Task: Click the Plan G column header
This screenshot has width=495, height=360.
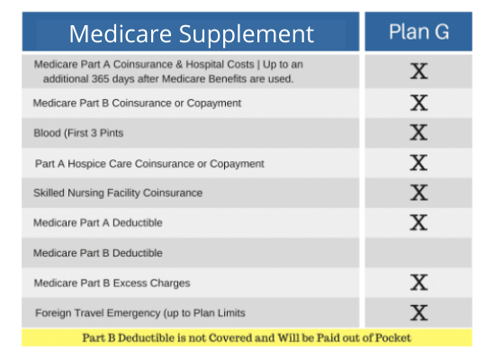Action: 418,31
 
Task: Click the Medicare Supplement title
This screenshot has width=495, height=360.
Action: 192,34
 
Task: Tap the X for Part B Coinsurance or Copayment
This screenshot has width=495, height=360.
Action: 418,103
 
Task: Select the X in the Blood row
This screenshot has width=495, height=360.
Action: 418,132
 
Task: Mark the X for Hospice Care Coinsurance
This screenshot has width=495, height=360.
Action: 418,163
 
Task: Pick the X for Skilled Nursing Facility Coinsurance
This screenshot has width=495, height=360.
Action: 418,193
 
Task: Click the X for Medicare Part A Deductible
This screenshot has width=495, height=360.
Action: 418,222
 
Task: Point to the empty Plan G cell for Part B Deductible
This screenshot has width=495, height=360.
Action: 418,253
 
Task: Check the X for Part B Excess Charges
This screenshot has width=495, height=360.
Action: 418,283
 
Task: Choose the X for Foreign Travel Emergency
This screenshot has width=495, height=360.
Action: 418,312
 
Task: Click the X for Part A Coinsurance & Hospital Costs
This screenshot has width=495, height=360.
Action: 418,71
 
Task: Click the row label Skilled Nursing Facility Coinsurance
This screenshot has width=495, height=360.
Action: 118,193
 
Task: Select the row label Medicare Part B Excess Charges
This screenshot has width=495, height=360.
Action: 112,283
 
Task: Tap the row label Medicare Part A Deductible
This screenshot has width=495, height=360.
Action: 98,222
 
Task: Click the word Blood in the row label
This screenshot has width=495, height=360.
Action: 47,133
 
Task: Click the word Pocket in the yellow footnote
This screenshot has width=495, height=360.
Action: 393,337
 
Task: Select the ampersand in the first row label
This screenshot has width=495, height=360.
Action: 179,65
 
